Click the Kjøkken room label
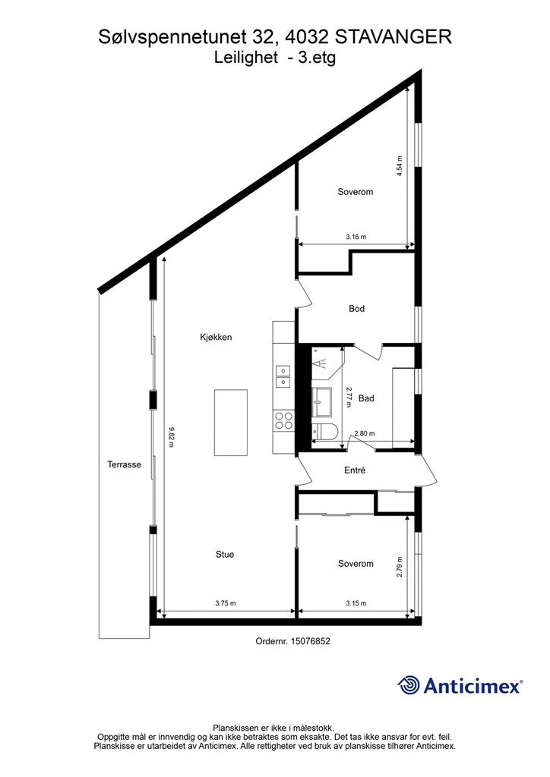click(216, 338)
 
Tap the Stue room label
click(225, 555)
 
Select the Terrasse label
click(124, 465)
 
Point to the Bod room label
click(356, 309)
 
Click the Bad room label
click(366, 398)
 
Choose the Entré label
click(355, 470)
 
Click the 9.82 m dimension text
click(171, 437)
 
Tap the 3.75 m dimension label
click(226, 603)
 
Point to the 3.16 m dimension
click(356, 237)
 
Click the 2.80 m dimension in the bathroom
click(365, 433)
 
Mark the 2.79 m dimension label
click(400, 567)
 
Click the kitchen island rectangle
click(231, 422)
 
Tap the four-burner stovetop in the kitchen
click(283, 420)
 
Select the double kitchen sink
click(283, 376)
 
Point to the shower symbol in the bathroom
click(318, 363)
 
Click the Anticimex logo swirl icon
click(409, 686)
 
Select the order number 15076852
click(311, 641)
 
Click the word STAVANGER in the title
click(394, 37)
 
